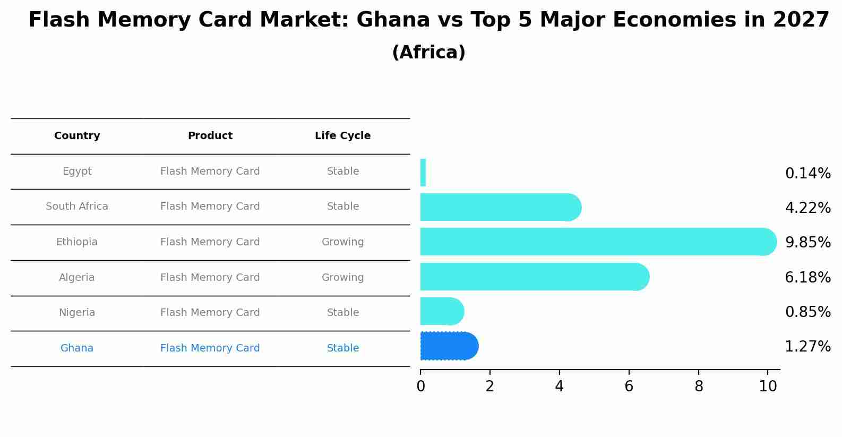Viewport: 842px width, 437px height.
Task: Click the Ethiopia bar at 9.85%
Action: (x=595, y=242)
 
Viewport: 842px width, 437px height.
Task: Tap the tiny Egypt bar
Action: (x=423, y=173)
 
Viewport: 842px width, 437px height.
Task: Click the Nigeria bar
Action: (x=441, y=311)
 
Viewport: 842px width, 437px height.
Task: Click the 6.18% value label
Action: (x=807, y=277)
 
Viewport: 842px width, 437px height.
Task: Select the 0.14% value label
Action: (x=807, y=173)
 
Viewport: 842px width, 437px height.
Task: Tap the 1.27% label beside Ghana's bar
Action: (x=807, y=347)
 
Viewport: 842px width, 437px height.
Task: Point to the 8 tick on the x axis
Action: (x=699, y=387)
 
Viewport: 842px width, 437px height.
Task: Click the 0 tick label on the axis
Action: (x=420, y=387)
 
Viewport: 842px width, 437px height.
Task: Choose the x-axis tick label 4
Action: (x=559, y=387)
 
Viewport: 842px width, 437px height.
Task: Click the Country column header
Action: (x=77, y=136)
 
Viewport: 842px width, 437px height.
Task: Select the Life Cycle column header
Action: (x=342, y=136)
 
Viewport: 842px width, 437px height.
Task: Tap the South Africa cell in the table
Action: (x=77, y=207)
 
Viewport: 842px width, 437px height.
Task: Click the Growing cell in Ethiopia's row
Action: (x=342, y=242)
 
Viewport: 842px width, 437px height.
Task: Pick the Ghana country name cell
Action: (x=77, y=348)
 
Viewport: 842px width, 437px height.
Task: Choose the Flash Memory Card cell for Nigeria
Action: (x=210, y=313)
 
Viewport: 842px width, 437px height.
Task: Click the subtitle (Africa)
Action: (x=428, y=53)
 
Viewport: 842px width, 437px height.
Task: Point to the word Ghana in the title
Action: (x=393, y=20)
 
